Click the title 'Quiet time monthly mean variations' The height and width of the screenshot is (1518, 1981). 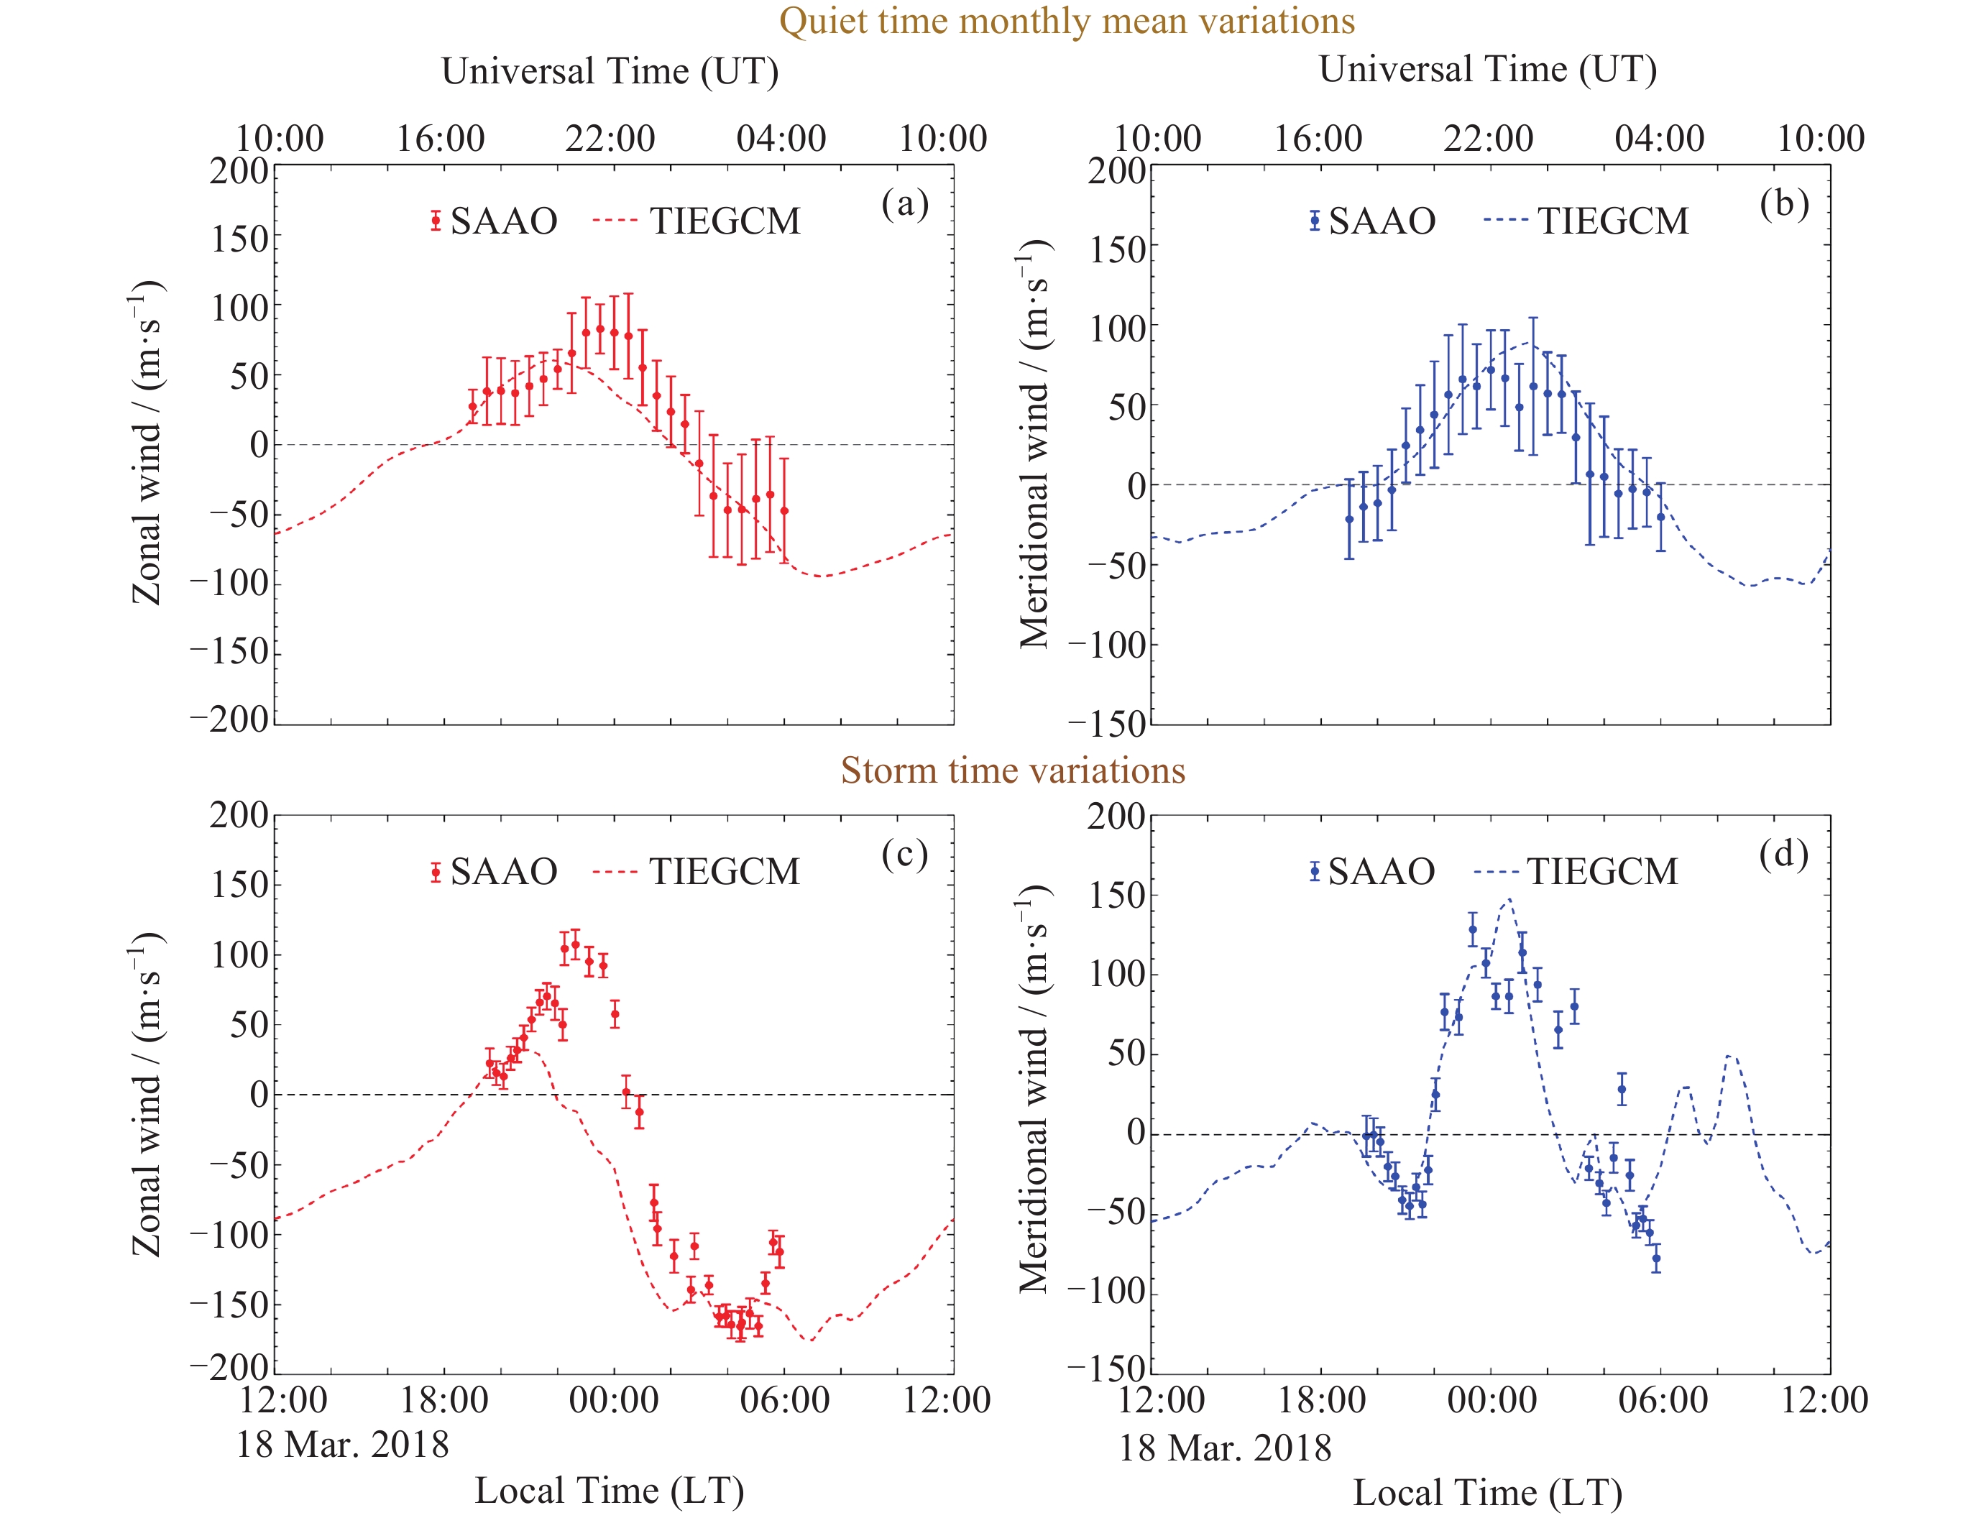(x=1067, y=22)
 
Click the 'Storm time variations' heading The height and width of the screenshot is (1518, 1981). (x=1012, y=770)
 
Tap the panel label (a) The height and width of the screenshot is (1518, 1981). (x=905, y=204)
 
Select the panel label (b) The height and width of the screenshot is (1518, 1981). (x=1784, y=204)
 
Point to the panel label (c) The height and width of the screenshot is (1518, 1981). (x=905, y=854)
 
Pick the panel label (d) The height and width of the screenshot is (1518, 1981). (x=1783, y=854)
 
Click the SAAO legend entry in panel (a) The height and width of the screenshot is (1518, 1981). (x=493, y=221)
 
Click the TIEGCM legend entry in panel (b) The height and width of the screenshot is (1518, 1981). (x=1586, y=221)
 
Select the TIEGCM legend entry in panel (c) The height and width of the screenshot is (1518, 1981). (x=697, y=872)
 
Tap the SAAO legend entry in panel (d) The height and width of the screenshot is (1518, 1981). (x=1372, y=872)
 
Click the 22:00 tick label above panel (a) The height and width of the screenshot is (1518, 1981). (x=610, y=138)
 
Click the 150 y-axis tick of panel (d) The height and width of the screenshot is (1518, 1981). (x=1117, y=896)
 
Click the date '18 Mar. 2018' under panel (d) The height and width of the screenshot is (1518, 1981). (x=1225, y=1448)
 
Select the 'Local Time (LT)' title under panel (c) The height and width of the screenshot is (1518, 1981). (x=610, y=1491)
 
